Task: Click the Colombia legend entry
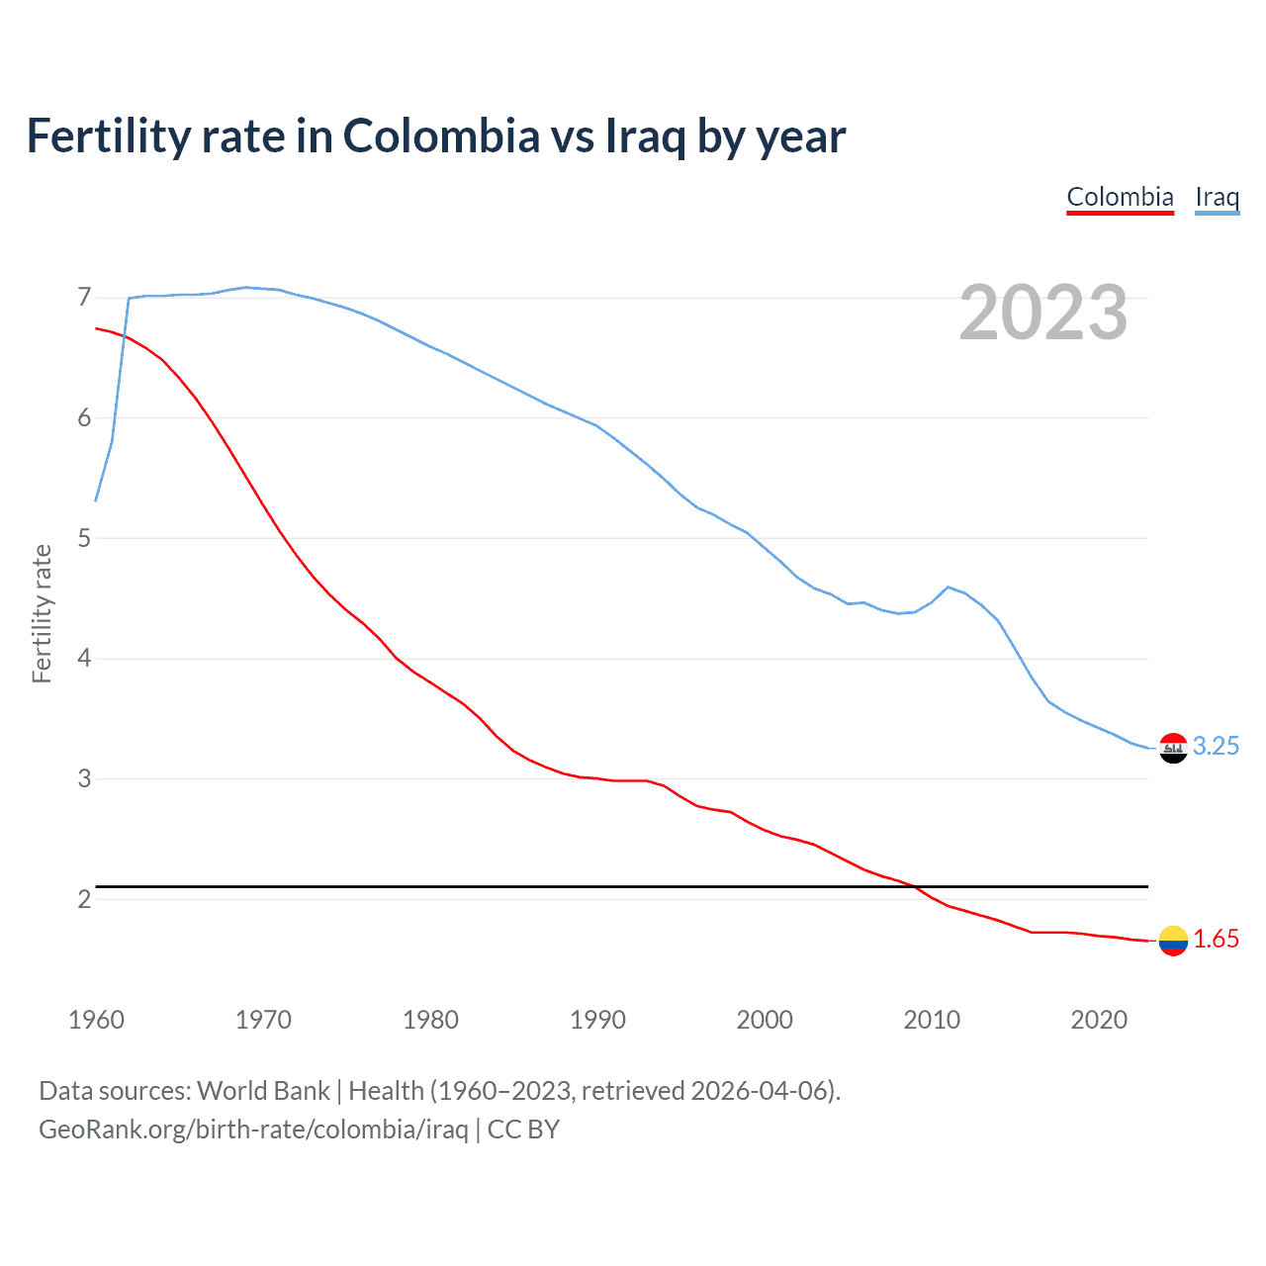click(1120, 197)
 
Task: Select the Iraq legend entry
click(1217, 197)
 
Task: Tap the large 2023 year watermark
click(1043, 313)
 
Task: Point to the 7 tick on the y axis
click(84, 298)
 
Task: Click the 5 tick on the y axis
click(84, 538)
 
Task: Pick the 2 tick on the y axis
click(84, 899)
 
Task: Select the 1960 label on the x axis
click(96, 1020)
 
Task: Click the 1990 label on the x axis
click(597, 1020)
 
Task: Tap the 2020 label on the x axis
click(1099, 1020)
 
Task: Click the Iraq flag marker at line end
click(1173, 748)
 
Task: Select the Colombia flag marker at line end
click(1173, 941)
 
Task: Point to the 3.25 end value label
click(1216, 747)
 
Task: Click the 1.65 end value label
click(1216, 940)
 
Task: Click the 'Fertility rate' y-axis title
click(42, 613)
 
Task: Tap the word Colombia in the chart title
click(441, 136)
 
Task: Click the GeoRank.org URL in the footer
click(253, 1130)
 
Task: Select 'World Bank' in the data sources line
click(263, 1091)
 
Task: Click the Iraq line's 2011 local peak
click(949, 588)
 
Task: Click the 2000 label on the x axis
click(765, 1020)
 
